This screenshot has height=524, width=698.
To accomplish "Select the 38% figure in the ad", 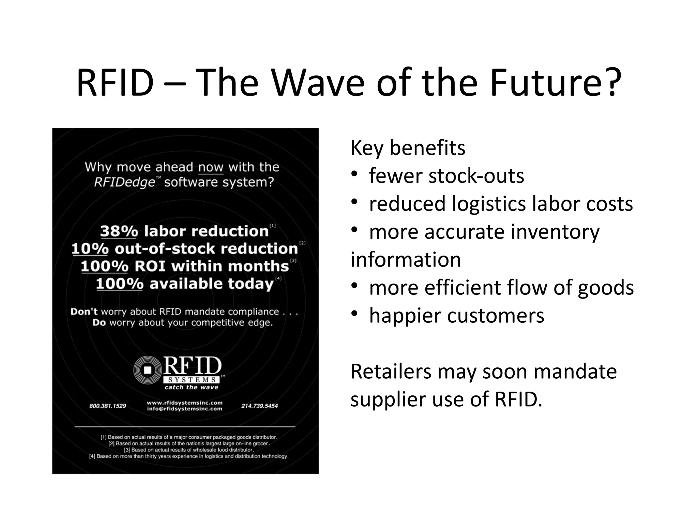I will tap(119, 231).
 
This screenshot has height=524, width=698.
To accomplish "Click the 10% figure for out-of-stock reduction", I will tap(90, 249).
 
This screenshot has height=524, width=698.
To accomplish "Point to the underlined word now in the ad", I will tap(211, 167).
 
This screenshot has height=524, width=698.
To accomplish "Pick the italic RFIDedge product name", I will tap(124, 182).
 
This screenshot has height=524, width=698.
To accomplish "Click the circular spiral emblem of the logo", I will tap(147, 370).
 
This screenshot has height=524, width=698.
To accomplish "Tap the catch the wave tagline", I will tap(191, 387).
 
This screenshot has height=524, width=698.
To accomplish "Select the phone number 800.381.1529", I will tap(107, 406).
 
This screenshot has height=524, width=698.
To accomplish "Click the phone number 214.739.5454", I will tap(259, 406).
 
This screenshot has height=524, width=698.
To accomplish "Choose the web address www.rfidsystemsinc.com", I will tap(184, 403).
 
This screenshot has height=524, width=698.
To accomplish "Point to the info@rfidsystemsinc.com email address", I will tap(184, 409).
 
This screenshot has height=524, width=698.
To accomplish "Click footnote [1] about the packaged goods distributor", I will tap(189, 437).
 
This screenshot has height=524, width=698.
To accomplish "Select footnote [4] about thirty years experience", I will tap(188, 456).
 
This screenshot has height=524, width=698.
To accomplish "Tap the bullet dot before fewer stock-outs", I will tap(354, 175).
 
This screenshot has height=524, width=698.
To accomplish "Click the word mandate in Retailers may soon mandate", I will tap(575, 372).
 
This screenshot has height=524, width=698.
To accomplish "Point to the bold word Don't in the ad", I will tap(84, 311).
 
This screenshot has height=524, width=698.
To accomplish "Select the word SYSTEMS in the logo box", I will tap(192, 380).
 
